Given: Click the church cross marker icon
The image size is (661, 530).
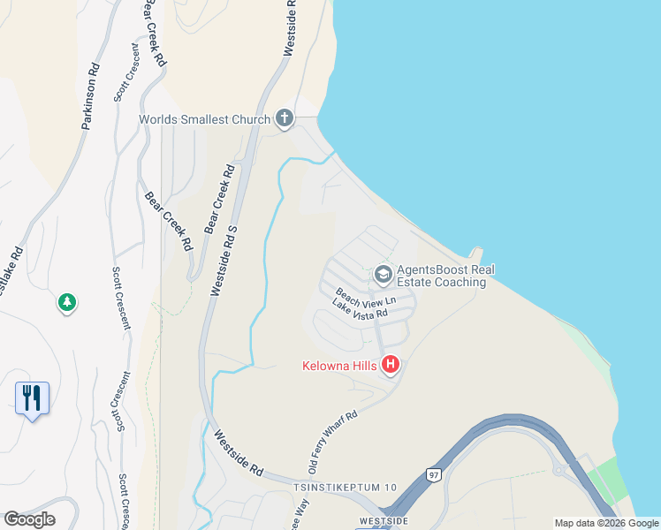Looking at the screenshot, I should (284, 117).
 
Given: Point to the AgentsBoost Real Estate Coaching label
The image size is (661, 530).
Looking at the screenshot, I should (441, 276).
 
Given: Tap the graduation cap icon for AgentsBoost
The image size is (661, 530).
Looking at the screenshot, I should (383, 275).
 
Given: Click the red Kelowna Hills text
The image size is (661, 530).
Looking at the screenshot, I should (339, 365).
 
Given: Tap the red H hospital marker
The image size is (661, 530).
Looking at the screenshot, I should (390, 365).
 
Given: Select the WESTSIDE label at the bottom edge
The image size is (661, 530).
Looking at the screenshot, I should (384, 521).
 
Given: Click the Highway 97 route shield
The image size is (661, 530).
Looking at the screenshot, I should (432, 474).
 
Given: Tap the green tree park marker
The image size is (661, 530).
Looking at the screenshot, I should (66, 303).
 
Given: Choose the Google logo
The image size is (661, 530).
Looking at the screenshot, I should (29, 519).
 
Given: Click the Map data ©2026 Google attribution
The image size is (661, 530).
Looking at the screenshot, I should (606, 522).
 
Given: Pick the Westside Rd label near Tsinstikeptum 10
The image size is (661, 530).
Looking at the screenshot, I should (239, 454).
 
